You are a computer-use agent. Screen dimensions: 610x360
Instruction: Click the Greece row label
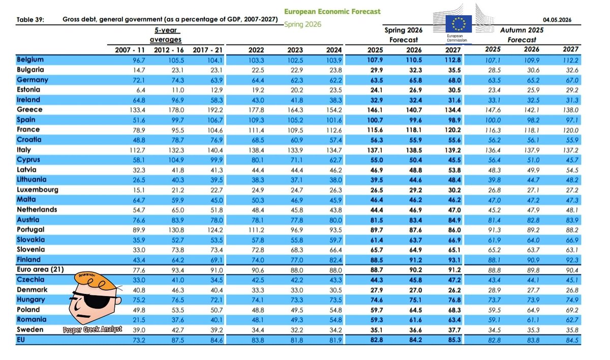(x=29, y=109)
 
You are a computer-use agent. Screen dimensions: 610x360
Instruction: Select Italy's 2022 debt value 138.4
(x=256, y=150)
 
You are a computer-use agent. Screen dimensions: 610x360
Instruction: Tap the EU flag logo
(x=459, y=24)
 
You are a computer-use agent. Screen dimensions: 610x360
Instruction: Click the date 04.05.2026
(x=557, y=20)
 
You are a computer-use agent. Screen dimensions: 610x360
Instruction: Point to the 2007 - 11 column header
(x=130, y=50)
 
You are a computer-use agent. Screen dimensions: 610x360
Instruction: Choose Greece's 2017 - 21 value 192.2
(x=215, y=110)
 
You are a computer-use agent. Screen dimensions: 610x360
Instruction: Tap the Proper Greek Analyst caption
(x=93, y=329)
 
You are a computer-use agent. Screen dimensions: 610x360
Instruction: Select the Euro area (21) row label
(x=40, y=269)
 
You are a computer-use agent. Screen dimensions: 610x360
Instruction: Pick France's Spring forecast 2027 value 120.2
(x=452, y=130)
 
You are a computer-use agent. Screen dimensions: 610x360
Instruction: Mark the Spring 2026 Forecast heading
(x=403, y=35)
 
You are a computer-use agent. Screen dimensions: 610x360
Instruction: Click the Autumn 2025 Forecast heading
(x=522, y=35)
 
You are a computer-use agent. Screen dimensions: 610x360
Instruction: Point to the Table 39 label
(x=30, y=20)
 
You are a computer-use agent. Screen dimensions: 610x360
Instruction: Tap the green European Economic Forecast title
(x=332, y=11)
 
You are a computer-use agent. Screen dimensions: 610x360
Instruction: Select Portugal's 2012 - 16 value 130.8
(x=176, y=230)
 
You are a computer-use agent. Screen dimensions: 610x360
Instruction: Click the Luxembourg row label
(x=38, y=190)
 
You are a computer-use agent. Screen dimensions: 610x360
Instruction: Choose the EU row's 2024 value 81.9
(x=335, y=340)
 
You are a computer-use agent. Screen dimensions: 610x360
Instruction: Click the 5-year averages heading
(x=166, y=35)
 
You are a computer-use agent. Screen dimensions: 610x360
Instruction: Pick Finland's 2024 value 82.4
(x=335, y=260)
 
